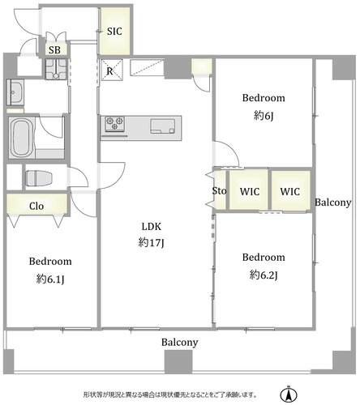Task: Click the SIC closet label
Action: tap(114, 32)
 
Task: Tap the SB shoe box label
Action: tap(54, 50)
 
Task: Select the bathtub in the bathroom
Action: tap(22, 138)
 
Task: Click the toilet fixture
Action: tap(38, 178)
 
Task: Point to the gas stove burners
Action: tap(115, 124)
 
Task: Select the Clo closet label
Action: tap(36, 207)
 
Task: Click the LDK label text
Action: tap(152, 227)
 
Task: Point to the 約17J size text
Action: tap(152, 243)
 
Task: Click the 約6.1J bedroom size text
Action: tap(50, 279)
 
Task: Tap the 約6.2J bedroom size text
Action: tap(264, 275)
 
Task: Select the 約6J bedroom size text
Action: tap(264, 116)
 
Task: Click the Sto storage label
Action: tap(219, 191)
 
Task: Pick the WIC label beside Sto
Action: tap(250, 192)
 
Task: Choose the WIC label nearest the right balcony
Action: tap(290, 192)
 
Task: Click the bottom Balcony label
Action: tap(180, 343)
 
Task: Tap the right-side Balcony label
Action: tap(333, 202)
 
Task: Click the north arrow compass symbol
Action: tap(289, 394)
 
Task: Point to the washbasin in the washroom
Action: tap(15, 92)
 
